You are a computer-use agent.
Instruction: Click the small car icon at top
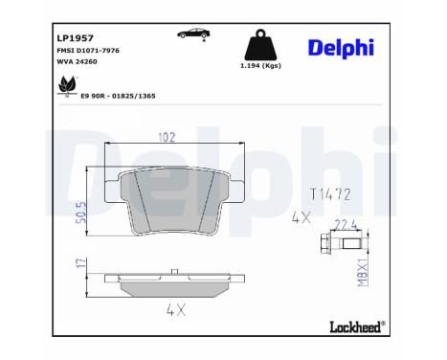[x=194, y=34]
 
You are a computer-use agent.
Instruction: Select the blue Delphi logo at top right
[x=341, y=48]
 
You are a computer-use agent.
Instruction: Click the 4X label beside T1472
[x=302, y=219]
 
